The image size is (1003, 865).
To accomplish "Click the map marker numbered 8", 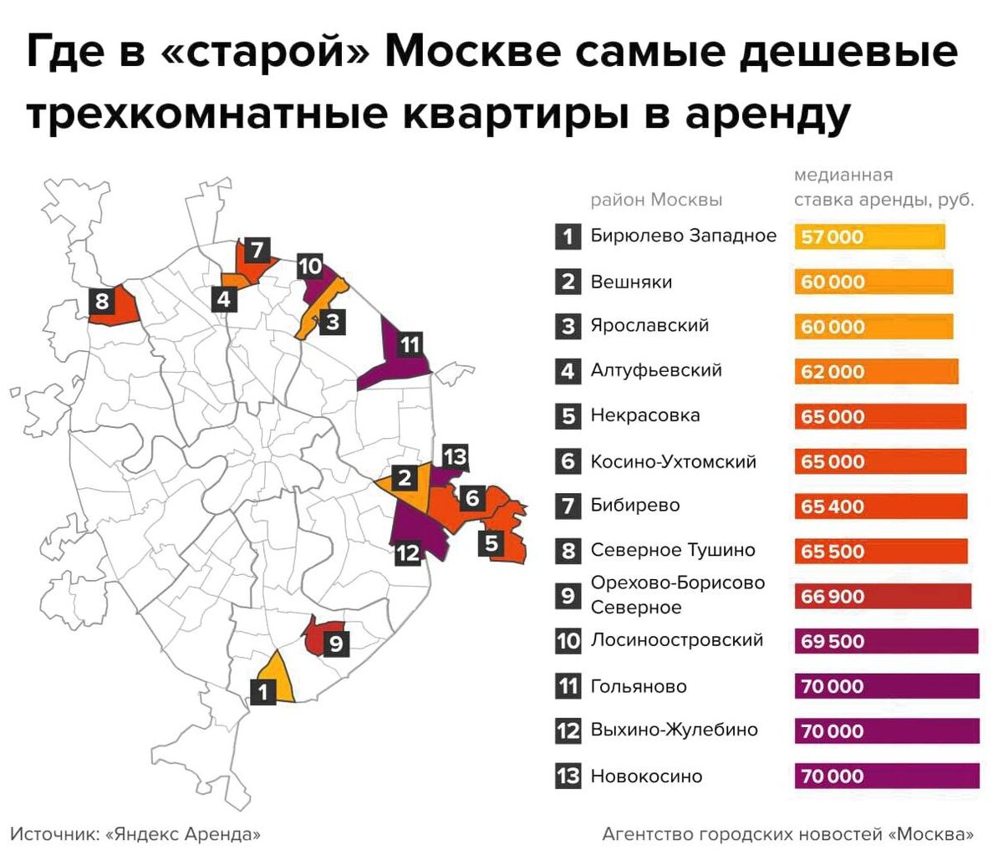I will [x=102, y=301].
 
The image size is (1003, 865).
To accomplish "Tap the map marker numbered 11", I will [x=410, y=343].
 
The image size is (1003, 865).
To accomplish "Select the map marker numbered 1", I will [x=263, y=692].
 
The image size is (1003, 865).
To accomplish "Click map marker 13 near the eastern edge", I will [x=455, y=456].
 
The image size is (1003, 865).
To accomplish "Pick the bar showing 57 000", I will [x=869, y=237].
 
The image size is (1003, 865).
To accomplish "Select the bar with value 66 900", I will [x=883, y=596].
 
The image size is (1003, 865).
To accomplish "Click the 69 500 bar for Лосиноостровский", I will [x=886, y=641].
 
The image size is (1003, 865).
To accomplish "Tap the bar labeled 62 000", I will [x=876, y=371].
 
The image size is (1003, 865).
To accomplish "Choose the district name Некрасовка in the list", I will [x=644, y=415].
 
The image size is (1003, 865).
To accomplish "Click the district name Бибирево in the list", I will [x=634, y=505].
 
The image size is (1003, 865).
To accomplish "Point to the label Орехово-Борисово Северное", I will [x=677, y=594].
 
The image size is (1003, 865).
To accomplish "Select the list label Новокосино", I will [x=646, y=776].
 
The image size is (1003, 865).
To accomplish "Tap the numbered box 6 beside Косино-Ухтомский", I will [x=568, y=461].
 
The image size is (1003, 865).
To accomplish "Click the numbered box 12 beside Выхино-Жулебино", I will [x=568, y=730].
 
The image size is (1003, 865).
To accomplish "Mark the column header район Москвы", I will [x=656, y=200].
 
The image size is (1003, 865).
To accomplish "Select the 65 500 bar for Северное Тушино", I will [x=881, y=551].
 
